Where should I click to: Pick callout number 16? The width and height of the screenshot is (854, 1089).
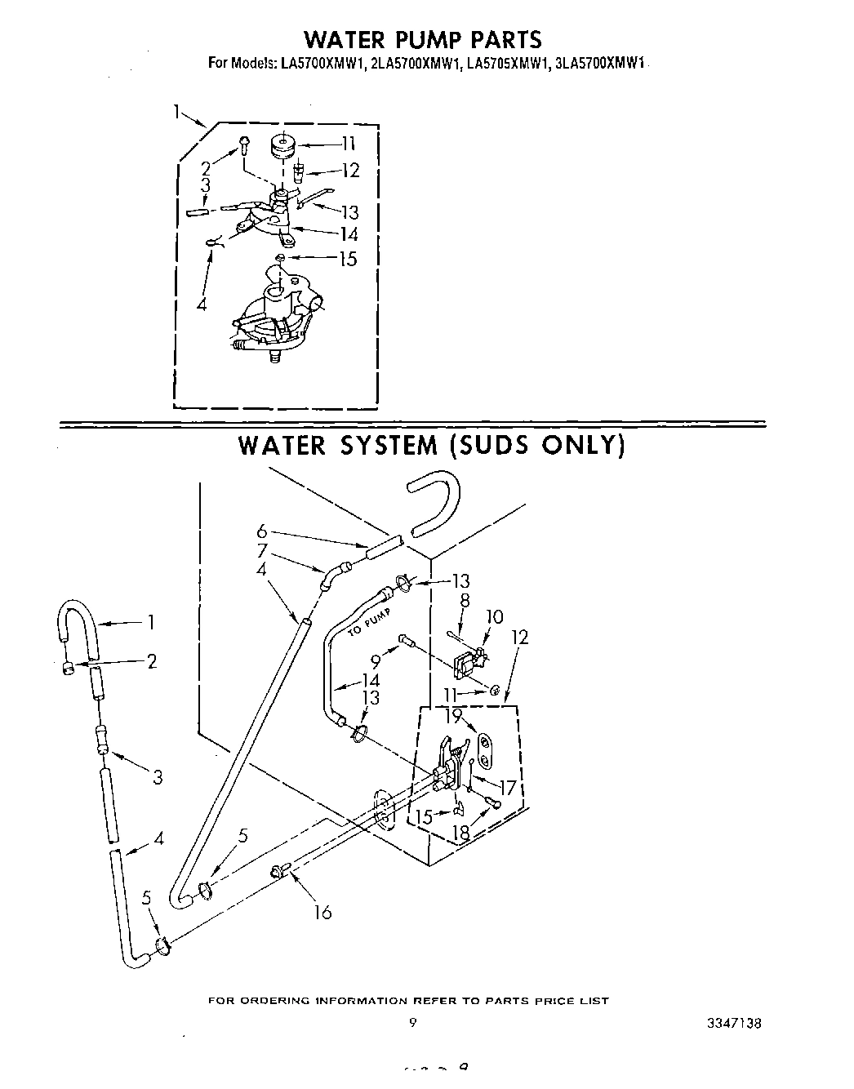click(323, 913)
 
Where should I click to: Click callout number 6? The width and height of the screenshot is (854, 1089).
click(261, 531)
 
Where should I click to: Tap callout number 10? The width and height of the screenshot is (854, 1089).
click(495, 617)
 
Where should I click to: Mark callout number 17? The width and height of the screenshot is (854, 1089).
click(508, 789)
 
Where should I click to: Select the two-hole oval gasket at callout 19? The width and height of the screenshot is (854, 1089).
click(484, 752)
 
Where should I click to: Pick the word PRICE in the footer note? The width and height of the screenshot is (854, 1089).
click(556, 1001)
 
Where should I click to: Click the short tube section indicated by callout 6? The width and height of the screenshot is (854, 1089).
click(384, 545)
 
